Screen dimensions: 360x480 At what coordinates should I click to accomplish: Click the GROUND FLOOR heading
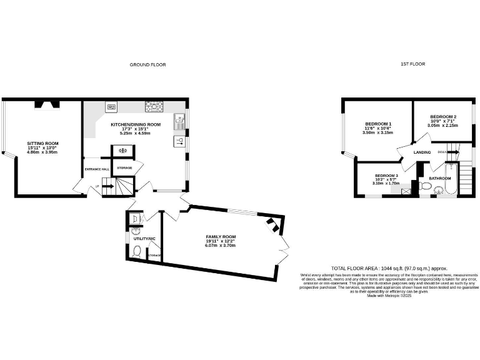147,64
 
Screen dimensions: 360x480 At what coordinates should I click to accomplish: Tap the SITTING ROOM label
42,143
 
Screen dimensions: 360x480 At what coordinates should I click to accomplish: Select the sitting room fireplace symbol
46,105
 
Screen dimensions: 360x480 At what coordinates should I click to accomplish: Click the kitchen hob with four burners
154,107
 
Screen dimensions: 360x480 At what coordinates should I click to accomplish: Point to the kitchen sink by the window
179,117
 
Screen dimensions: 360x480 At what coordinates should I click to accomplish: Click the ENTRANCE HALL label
97,169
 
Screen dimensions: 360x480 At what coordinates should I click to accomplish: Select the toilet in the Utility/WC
137,251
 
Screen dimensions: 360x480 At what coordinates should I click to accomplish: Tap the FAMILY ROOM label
220,237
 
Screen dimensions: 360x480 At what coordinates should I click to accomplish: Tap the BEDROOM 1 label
377,124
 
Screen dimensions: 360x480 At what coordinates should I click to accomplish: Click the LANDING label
422,152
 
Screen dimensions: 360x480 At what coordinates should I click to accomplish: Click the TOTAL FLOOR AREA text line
389,267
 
